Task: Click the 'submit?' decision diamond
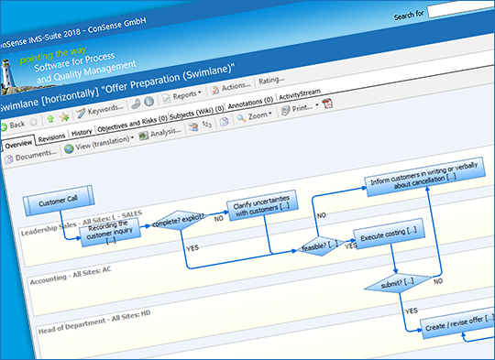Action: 397,282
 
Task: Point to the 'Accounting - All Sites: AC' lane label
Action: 72,282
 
